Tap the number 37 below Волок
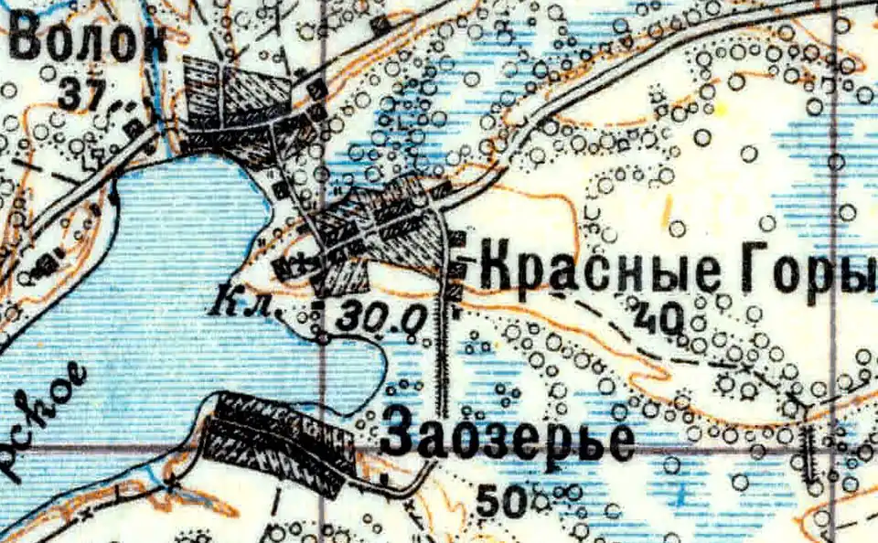point(82,91)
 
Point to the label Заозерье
point(508,435)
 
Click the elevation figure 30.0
point(382,318)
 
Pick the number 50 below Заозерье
point(501,500)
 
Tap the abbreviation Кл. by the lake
point(244,303)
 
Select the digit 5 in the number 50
point(488,500)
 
